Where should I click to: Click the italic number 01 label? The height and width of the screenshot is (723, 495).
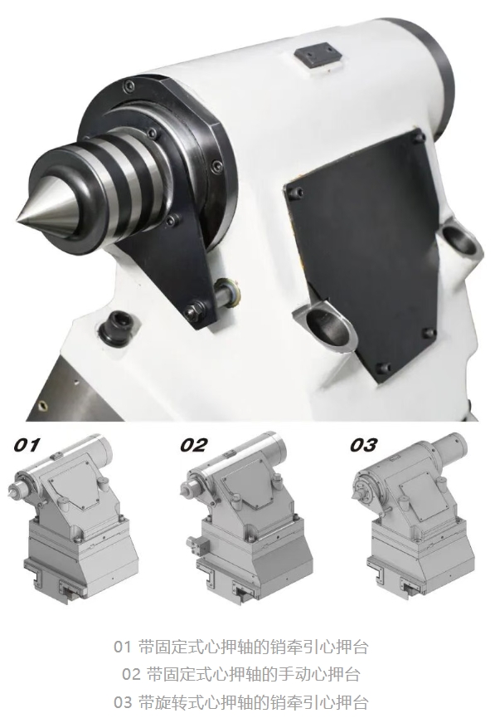(27, 445)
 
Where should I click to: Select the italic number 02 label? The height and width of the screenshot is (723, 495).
(193, 445)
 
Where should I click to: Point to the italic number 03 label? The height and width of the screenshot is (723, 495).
(364, 445)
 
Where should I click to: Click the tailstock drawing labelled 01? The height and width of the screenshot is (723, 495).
(74, 517)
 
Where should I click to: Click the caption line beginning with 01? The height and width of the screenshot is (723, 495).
(240, 647)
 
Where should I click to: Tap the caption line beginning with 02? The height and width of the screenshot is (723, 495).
(240, 675)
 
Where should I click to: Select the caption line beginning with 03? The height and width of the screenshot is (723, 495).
(240, 703)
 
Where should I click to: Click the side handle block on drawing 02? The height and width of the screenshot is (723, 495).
(198, 545)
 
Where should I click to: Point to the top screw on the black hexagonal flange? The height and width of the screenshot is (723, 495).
(131, 85)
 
